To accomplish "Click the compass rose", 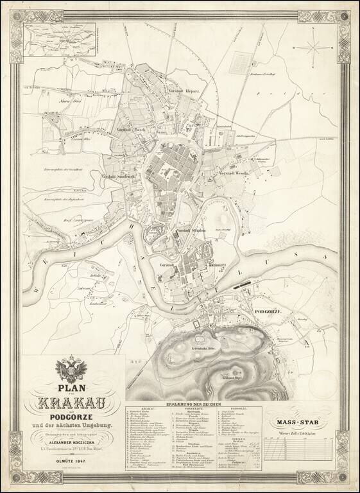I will tap(314, 45).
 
